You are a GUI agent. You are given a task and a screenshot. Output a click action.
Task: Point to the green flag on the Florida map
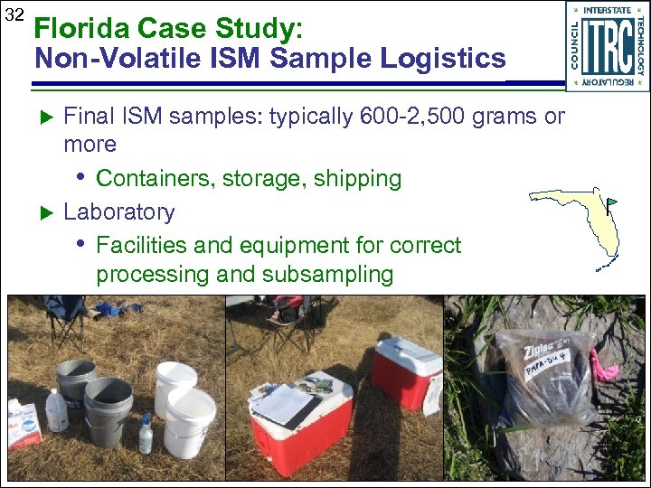611,202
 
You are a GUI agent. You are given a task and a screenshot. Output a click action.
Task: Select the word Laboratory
118,211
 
